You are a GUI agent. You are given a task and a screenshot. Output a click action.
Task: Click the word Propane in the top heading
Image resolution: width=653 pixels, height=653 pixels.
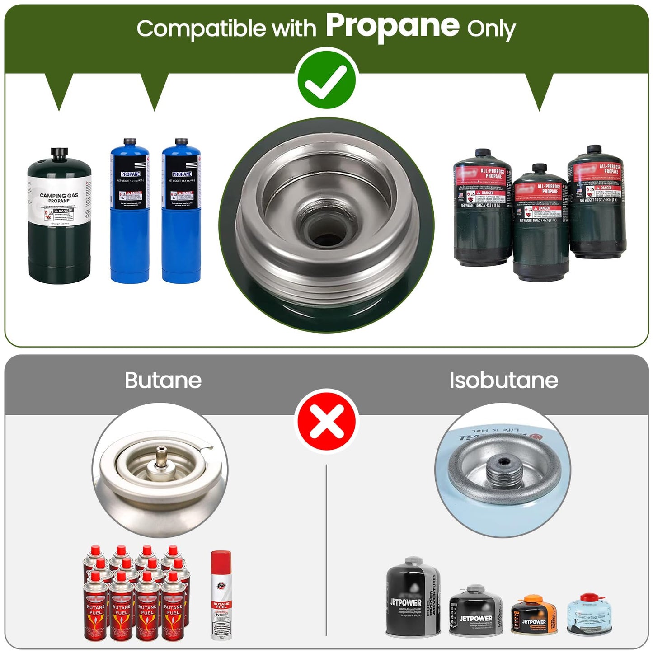tap(392, 26)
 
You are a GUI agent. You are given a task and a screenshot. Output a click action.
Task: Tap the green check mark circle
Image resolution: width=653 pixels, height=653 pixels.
tap(326, 78)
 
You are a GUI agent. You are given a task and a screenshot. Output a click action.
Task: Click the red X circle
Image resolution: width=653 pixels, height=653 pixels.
tap(326, 421)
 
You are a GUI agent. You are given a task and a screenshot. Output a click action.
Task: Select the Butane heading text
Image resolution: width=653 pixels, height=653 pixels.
tap(163, 380)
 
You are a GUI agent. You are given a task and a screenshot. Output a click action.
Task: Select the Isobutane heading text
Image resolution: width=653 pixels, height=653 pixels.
tap(503, 380)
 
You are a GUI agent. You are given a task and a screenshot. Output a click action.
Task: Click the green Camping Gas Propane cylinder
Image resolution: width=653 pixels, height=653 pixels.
tap(59, 221)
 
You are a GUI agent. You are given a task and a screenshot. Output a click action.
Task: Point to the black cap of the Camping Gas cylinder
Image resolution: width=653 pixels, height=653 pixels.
tap(58, 154)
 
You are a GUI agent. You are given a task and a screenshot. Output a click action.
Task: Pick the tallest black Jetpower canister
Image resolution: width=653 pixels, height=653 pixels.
tap(413, 597)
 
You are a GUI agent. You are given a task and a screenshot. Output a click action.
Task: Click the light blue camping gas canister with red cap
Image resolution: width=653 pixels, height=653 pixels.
tap(587, 615)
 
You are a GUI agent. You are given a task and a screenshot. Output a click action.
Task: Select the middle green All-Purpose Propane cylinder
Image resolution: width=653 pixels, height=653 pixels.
tap(540, 224)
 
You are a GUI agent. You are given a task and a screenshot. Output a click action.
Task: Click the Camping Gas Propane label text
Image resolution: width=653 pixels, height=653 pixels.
tap(59, 198)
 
